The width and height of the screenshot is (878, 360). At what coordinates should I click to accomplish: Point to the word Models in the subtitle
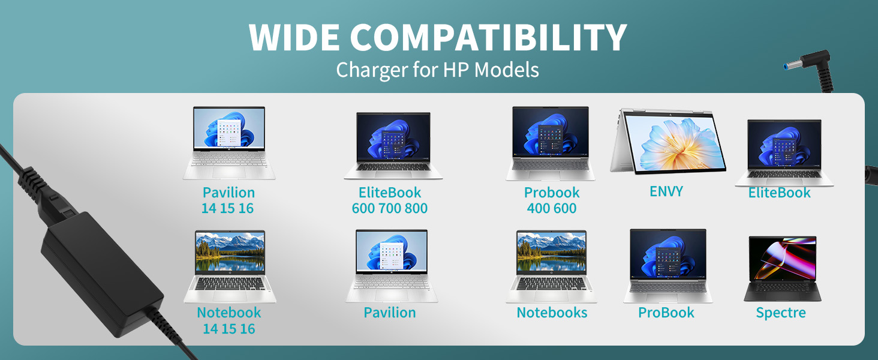506,70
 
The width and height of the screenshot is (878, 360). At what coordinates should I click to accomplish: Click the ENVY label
666,191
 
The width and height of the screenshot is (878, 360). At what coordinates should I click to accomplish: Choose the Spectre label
781,313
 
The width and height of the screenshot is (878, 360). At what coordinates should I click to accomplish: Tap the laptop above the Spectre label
782,269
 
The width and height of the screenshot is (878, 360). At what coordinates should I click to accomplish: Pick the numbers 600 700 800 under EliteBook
390,209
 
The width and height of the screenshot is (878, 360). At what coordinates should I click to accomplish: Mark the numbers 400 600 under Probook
552,209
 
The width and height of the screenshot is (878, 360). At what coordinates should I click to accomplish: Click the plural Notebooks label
552,313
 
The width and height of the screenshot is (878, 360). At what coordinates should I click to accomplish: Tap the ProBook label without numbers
666,313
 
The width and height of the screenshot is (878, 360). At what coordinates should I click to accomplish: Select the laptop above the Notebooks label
551,266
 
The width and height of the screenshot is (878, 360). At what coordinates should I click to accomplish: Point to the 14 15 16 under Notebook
228,329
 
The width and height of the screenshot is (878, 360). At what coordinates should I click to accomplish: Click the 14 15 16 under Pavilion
228,209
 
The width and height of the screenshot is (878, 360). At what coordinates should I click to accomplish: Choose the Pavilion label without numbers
390,313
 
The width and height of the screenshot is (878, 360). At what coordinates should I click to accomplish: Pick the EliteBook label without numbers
779,193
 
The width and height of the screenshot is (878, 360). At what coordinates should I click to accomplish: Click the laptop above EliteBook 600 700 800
393,146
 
